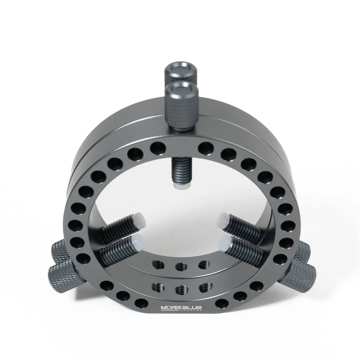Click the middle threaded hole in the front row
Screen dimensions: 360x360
click(180, 288)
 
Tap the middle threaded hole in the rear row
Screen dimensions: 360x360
click(180, 265)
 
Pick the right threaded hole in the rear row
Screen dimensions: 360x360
click(204, 264)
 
